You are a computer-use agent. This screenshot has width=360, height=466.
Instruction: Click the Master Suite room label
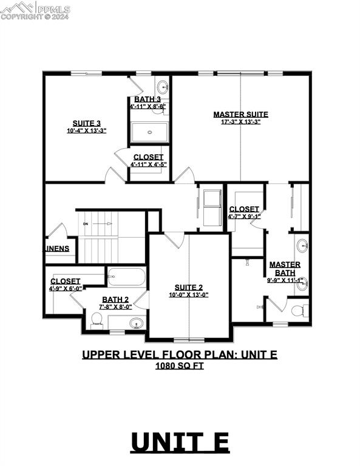pos(240,114)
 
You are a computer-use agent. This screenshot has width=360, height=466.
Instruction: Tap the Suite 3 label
pos(86,122)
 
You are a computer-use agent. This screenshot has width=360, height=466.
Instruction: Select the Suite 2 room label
pos(188,287)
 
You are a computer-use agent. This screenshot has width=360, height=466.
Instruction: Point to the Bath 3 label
pos(148,99)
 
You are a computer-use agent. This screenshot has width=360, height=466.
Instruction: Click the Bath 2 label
pos(115,299)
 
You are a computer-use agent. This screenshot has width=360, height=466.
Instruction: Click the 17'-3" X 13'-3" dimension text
pos(240,122)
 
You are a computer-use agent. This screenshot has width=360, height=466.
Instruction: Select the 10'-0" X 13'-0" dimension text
pos(188,295)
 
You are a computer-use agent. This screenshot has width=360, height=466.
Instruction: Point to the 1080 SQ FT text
pos(180,365)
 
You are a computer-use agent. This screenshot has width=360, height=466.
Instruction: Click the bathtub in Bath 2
pos(127,278)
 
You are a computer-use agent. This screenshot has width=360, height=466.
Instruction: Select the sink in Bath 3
pos(162,86)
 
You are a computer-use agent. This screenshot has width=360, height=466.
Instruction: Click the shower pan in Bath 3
pos(148,132)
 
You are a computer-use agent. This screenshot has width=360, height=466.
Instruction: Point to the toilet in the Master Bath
pos(297,311)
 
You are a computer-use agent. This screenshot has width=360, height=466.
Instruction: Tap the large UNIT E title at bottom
pos(180,442)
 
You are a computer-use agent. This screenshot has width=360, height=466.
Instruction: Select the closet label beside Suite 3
pos(148,157)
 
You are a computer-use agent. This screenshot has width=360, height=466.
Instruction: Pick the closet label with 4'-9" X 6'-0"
pos(65,281)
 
